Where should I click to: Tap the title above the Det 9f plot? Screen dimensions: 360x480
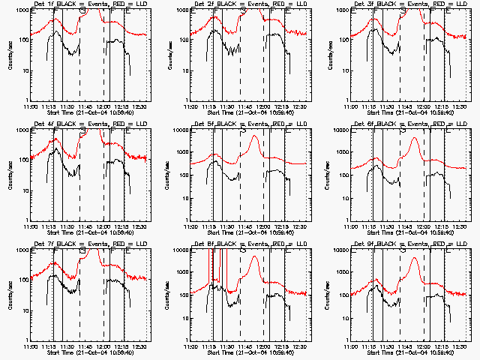click(x=406, y=244)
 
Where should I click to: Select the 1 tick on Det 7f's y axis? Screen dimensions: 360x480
click(x=24, y=339)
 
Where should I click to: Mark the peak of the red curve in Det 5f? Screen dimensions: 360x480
click(x=255, y=136)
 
